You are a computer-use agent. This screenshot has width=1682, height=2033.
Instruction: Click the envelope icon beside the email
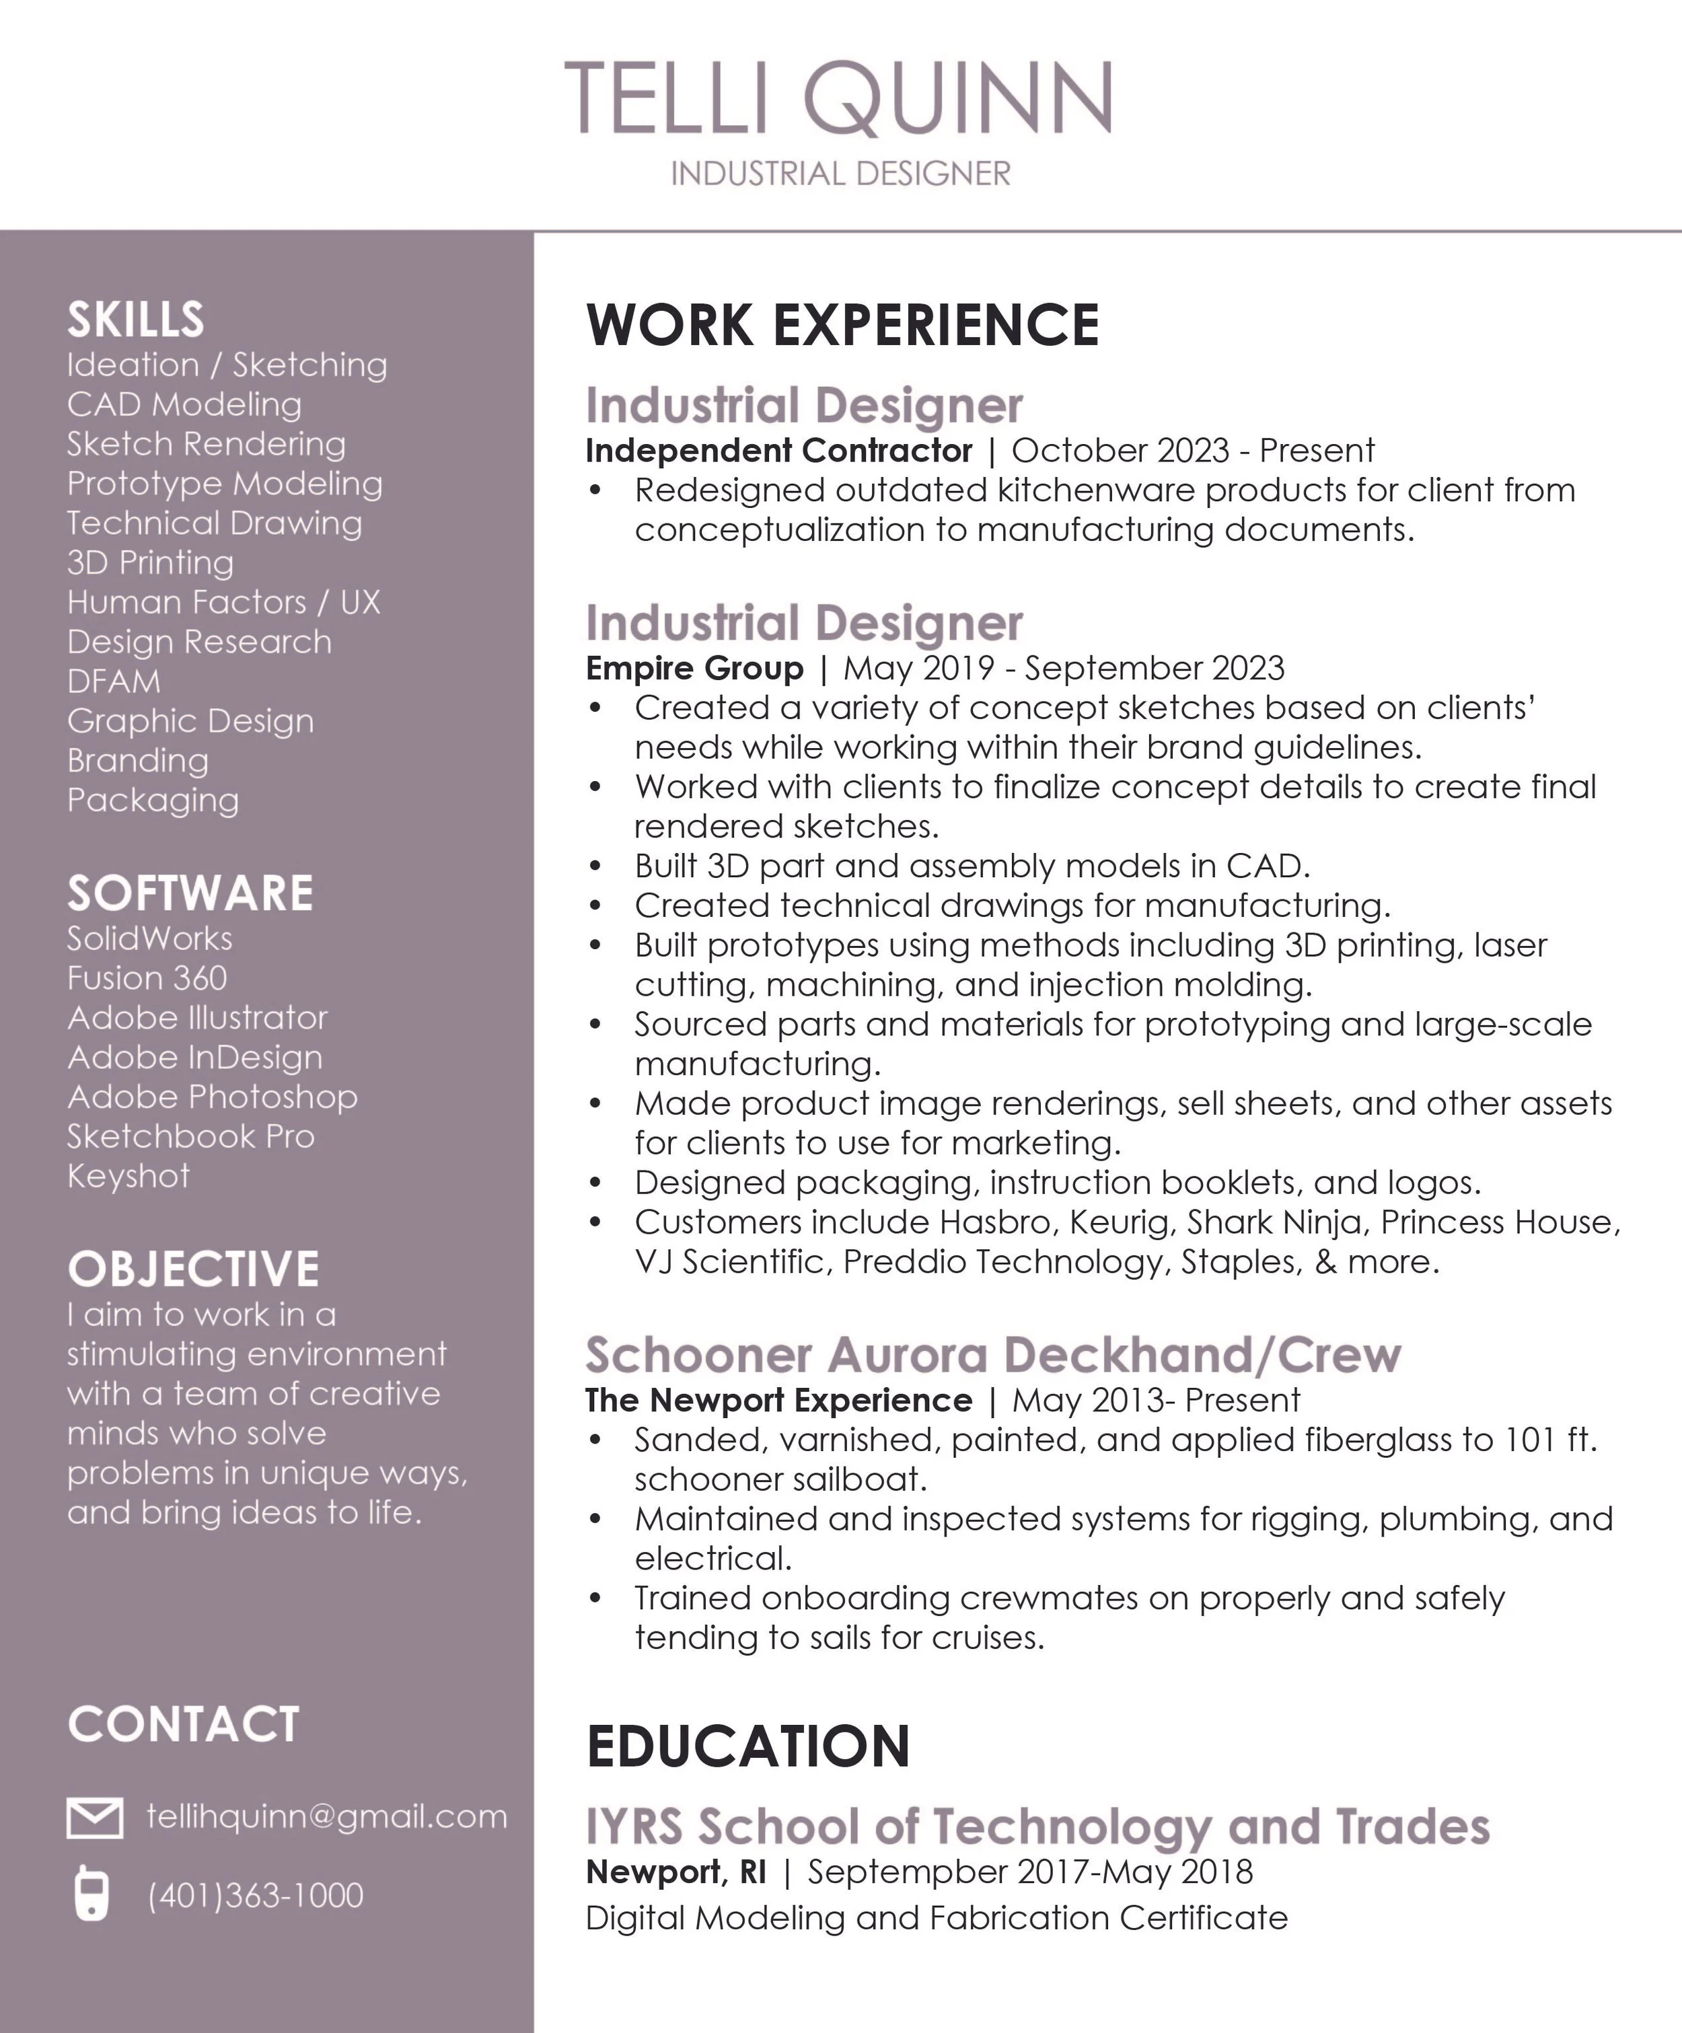click(x=95, y=1817)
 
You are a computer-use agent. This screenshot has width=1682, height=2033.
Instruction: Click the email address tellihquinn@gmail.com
click(x=326, y=1816)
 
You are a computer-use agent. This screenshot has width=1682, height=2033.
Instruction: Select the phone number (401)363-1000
click(x=256, y=1894)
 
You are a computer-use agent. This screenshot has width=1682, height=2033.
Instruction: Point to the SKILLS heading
click(x=135, y=320)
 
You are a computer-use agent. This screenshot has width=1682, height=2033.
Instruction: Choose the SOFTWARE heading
click(x=190, y=893)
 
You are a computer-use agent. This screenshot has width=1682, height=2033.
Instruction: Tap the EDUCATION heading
click(x=747, y=1746)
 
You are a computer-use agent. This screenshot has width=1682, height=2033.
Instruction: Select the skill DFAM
click(x=113, y=681)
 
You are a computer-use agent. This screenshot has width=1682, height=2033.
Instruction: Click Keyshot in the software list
click(x=128, y=1175)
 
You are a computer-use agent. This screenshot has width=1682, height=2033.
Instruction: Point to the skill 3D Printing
click(x=150, y=562)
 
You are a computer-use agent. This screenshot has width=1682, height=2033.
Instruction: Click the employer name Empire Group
click(x=694, y=668)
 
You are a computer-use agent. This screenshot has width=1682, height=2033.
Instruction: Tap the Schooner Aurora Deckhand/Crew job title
click(x=992, y=1354)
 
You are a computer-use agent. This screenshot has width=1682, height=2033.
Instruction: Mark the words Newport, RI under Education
click(x=675, y=1872)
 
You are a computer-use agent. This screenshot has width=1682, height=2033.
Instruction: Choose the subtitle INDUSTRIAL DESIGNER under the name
click(x=840, y=174)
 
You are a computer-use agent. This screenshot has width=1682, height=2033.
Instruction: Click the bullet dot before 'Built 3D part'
click(x=595, y=866)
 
